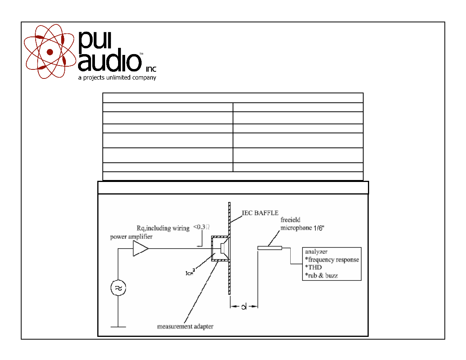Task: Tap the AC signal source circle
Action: pos(118,288)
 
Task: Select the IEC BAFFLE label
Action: pos(260,213)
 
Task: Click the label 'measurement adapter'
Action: pos(185,326)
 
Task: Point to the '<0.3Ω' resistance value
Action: pos(202,227)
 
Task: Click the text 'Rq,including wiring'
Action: pos(163,228)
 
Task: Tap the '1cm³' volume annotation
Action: pos(190,272)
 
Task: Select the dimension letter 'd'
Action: pos(244,307)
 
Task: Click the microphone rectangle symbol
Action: pos(269,248)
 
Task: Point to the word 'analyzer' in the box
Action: pos(316,252)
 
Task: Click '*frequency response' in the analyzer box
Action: pos(332,260)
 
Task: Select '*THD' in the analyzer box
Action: pos(313,267)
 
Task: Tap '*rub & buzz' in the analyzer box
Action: pos(321,276)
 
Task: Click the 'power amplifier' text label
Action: pos(131,237)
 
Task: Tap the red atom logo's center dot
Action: pos(50,52)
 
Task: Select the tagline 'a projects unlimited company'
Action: pos(117,78)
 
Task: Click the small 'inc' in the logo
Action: pos(151,69)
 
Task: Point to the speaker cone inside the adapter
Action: pos(225,248)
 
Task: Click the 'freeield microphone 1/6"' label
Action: pos(302,224)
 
